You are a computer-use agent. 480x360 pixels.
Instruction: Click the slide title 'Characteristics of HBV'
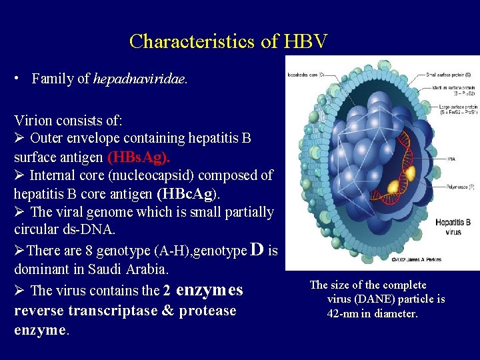pyautogui.click(x=229, y=41)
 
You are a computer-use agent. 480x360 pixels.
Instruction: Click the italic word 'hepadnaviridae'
pyautogui.click(x=140, y=79)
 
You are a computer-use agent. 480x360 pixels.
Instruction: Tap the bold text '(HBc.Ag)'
pyautogui.click(x=187, y=194)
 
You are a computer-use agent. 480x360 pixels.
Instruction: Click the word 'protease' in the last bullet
pyautogui.click(x=208, y=311)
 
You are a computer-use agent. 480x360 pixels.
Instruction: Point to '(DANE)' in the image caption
pyautogui.click(x=380, y=299)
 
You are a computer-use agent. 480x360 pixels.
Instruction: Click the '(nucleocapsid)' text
pyautogui.click(x=167, y=175)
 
